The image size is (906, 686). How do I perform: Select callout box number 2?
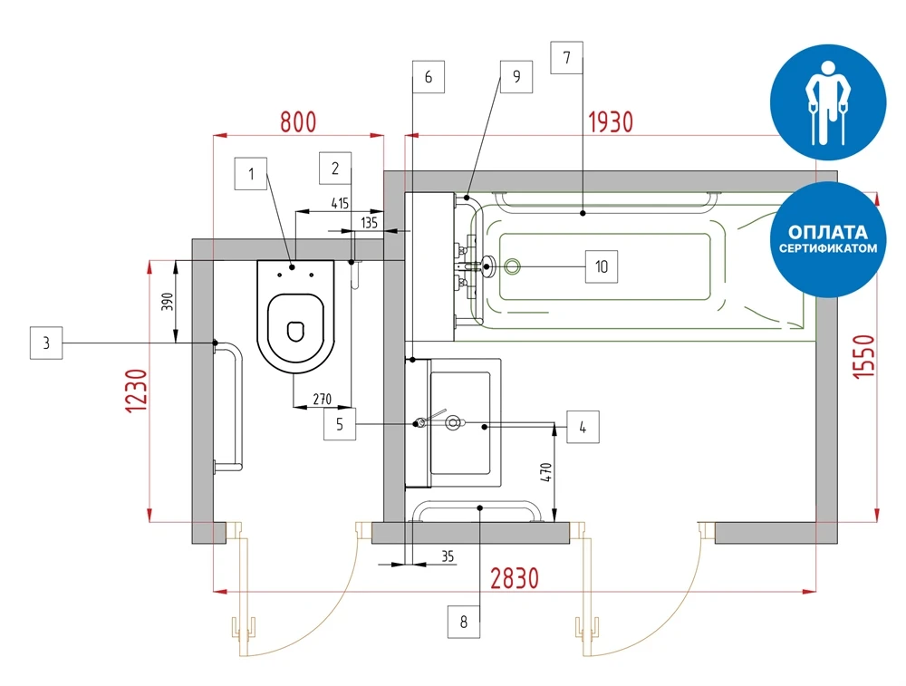(x=335, y=168)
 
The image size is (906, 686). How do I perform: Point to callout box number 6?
(x=429, y=77)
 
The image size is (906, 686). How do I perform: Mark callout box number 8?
(x=464, y=623)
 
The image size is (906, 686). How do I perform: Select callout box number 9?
(x=516, y=76)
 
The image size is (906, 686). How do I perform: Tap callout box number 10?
(x=601, y=266)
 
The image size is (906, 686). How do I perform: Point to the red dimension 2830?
(x=515, y=577)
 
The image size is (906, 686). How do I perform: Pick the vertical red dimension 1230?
(x=135, y=391)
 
